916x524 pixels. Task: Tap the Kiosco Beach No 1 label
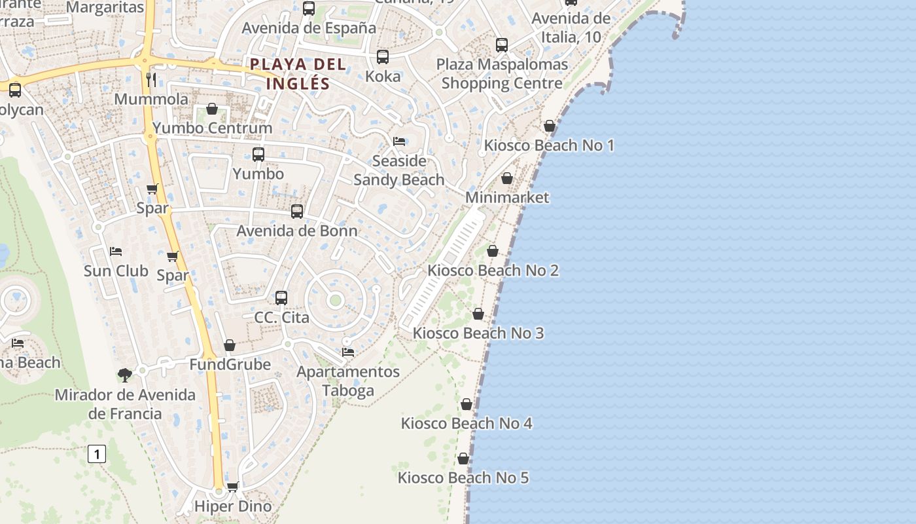click(549, 145)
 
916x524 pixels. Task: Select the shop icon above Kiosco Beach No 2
click(493, 251)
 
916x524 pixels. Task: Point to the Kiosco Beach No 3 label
click(478, 333)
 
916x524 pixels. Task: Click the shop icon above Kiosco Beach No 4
click(467, 404)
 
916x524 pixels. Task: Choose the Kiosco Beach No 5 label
click(463, 478)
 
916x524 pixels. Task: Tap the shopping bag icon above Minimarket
click(507, 178)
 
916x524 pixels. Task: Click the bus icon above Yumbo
click(258, 155)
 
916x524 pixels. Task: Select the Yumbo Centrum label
click(212, 128)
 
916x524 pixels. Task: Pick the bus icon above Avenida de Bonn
click(297, 211)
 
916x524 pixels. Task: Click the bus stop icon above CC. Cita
click(281, 297)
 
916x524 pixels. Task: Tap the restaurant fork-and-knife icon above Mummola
click(151, 80)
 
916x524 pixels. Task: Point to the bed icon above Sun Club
click(116, 251)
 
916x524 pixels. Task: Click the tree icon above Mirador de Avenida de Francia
click(125, 375)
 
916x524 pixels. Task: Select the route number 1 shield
click(97, 453)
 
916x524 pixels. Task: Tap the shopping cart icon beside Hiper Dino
click(232, 487)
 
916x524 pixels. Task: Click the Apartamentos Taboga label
click(348, 381)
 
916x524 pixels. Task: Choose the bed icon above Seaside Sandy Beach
click(399, 141)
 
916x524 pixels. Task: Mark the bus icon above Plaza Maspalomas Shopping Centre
click(502, 45)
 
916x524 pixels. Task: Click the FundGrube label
click(230, 364)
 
